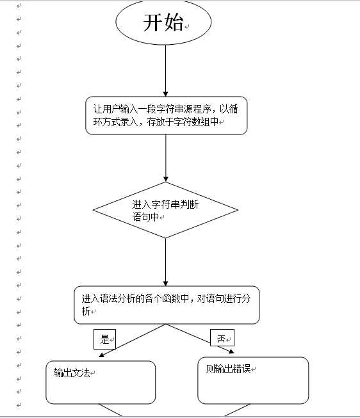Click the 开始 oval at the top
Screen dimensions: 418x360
(x=163, y=23)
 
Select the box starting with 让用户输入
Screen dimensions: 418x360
(x=166, y=115)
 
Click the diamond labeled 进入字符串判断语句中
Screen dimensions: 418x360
(x=166, y=210)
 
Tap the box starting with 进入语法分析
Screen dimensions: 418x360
(x=167, y=305)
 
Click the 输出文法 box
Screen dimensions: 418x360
(x=101, y=382)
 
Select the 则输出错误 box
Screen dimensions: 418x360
(x=252, y=380)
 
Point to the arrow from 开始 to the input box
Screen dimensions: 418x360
(x=166, y=70)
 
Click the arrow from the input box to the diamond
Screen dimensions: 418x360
(x=166, y=157)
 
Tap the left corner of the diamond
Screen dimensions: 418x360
(x=94, y=210)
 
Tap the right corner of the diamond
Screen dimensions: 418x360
(x=238, y=210)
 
